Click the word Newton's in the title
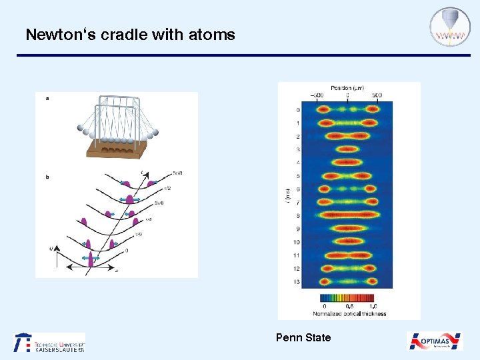pos(55,35)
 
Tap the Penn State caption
pos(303,337)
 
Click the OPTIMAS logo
pos(435,341)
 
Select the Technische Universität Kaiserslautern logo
pos(50,342)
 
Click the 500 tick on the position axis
pos(377,95)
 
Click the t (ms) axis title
pos(287,195)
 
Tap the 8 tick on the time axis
pos(297,216)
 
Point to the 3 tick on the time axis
pos(297,150)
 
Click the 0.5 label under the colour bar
pos(349,306)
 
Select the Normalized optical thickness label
pos(349,313)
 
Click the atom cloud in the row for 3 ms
pos(348,150)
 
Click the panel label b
pos(47,177)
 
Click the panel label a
pos(47,99)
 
